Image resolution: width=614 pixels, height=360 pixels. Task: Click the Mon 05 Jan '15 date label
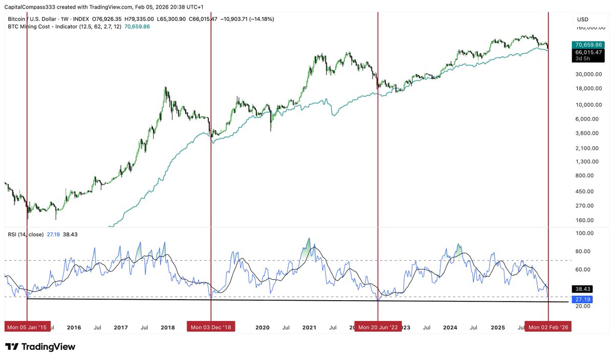(x=27, y=327)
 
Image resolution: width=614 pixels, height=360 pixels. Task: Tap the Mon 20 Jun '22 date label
(x=378, y=327)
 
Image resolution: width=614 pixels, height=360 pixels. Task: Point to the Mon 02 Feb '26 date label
(x=548, y=327)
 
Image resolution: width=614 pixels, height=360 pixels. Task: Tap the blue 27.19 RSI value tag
(x=583, y=299)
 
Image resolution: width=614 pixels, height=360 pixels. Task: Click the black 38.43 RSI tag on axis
(x=583, y=289)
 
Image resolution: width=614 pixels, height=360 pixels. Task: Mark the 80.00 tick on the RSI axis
(x=583, y=251)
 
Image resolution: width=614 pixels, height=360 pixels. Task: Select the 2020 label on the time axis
(x=262, y=327)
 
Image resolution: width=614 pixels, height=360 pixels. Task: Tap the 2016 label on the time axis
(x=74, y=327)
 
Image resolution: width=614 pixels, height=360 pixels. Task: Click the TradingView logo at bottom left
(x=40, y=347)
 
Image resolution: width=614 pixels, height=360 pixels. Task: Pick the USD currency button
(x=583, y=19)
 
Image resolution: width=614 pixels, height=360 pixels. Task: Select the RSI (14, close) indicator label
(x=25, y=234)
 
